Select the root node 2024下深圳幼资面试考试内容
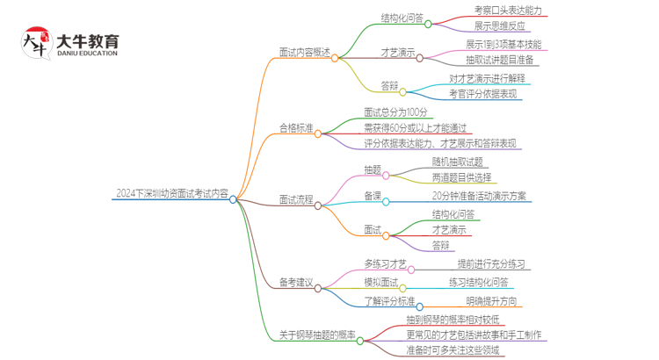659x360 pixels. pyautogui.click(x=171, y=194)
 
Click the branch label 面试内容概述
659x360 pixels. pyautogui.click(x=305, y=52)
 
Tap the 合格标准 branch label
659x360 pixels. pyautogui.click(x=296, y=128)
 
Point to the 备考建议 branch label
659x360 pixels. pyautogui.click(x=296, y=282)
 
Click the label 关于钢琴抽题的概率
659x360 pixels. pyautogui.click(x=317, y=335)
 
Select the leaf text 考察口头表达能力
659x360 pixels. pyautogui.click(x=507, y=11)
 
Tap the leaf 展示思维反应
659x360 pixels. pyautogui.click(x=500, y=26)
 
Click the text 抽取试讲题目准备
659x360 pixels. pyautogui.click(x=500, y=61)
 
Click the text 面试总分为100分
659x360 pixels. pyautogui.click(x=395, y=112)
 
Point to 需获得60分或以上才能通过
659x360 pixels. pyautogui.click(x=415, y=127)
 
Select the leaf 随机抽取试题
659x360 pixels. pyautogui.click(x=457, y=162)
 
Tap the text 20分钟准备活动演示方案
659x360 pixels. pyautogui.click(x=479, y=196)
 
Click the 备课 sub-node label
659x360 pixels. pyautogui.click(x=373, y=196)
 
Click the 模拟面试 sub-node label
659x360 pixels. pyautogui.click(x=381, y=282)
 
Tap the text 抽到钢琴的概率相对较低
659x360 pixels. pyautogui.click(x=453, y=319)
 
